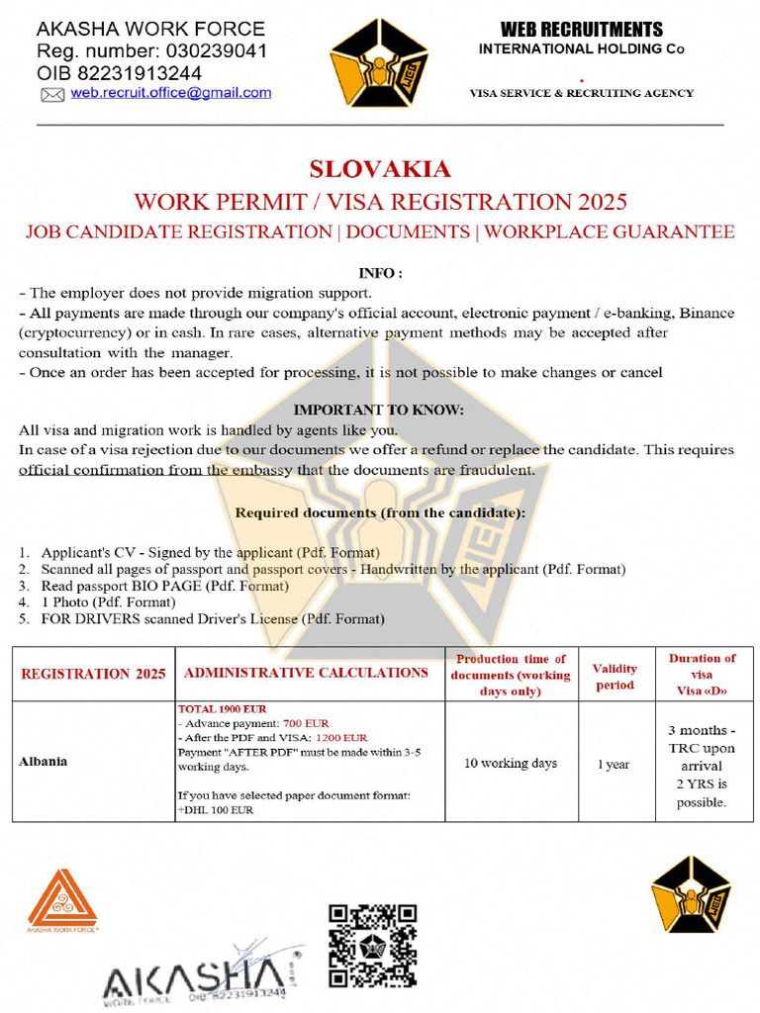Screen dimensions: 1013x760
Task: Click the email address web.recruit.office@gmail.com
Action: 170,93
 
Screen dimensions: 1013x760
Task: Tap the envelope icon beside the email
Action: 52,95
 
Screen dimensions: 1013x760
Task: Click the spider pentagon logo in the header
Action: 378,63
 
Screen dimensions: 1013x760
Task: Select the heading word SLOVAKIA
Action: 380,169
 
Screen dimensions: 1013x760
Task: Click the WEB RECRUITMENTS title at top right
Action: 581,30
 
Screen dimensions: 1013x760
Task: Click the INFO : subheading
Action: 379,272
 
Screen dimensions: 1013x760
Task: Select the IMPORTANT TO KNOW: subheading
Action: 379,410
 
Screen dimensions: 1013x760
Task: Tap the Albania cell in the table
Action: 45,763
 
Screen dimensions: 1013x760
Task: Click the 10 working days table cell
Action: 511,763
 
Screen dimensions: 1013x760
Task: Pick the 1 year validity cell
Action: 614,764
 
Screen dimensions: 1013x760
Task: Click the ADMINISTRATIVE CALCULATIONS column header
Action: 306,673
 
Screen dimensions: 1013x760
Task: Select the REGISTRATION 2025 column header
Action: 93,674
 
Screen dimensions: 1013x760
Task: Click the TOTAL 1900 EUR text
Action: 222,709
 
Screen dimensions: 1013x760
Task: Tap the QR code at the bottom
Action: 372,945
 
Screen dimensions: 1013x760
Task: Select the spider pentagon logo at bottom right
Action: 690,893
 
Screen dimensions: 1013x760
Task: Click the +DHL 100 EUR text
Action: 215,810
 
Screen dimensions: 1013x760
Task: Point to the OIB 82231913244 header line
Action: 119,73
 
